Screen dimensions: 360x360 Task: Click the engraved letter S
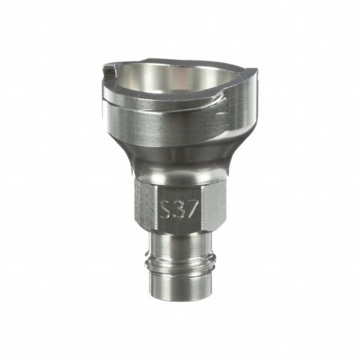click(165, 209)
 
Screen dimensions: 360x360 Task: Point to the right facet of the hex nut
click(214, 204)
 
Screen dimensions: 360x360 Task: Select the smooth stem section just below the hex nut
click(180, 241)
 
